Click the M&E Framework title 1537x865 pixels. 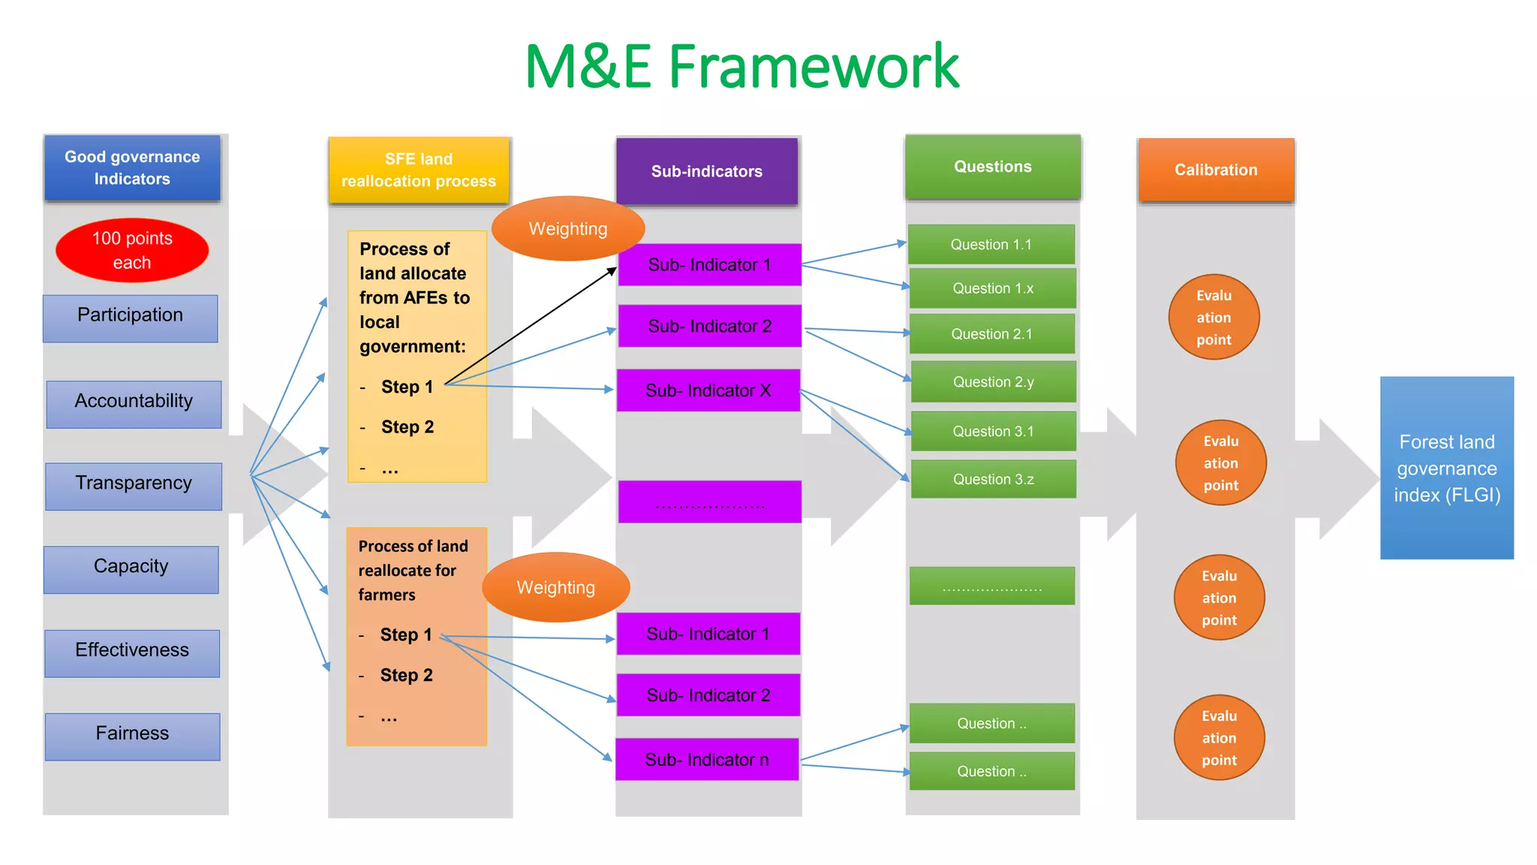741,67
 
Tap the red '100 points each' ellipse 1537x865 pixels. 132,250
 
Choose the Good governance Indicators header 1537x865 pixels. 132,168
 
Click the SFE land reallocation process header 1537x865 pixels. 419,170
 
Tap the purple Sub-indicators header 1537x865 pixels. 707,171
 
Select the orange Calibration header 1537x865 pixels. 1216,170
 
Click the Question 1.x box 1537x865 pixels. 992,288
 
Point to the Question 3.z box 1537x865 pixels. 993,479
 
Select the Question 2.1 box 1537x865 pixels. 991,334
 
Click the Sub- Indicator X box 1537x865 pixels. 708,390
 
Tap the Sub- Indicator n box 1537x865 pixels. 707,760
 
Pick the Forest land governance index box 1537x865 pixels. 1447,468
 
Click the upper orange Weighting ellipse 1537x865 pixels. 568,229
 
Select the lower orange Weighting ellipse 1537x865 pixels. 556,587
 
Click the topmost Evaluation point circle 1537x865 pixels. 1214,317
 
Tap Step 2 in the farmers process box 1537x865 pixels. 406,675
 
